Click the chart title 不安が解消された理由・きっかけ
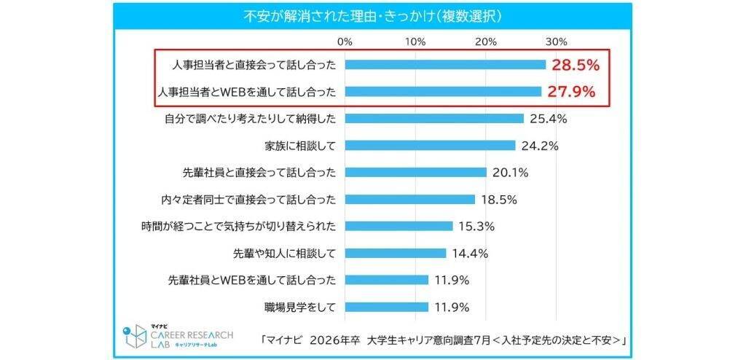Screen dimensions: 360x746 (372, 15)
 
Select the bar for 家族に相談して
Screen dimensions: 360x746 (430, 145)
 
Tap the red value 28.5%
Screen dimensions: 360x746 (576, 65)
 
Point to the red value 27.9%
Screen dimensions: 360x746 (571, 92)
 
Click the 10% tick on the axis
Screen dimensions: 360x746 (415, 41)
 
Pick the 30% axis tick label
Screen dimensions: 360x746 (556, 41)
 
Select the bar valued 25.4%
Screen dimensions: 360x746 (434, 118)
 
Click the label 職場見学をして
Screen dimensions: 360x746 (300, 307)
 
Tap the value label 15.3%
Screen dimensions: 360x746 (477, 226)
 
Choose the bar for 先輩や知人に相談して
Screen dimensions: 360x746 (396, 253)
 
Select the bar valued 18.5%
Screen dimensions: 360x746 (410, 199)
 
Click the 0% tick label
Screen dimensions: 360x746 (345, 41)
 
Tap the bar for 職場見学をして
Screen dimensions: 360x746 (387, 307)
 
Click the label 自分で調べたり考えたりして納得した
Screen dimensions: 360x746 (249, 118)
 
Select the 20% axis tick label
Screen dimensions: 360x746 (486, 41)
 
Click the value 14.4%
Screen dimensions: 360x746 (470, 253)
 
